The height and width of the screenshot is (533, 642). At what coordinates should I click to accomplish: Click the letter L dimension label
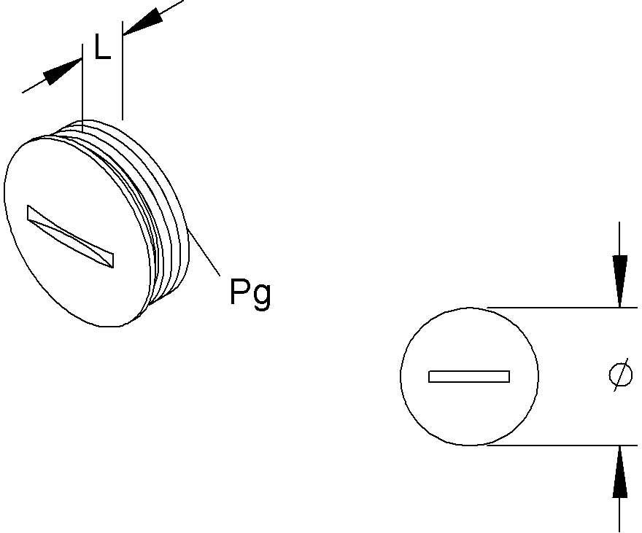tap(102, 47)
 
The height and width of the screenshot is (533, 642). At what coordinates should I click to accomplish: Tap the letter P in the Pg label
tap(239, 291)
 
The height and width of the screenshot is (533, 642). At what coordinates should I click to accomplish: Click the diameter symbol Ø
tap(620, 374)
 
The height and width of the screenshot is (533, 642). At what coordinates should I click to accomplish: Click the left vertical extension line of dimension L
tap(82, 87)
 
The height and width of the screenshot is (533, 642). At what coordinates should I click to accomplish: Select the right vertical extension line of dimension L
tap(122, 71)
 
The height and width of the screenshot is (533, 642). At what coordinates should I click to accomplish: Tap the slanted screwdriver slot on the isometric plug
tap(70, 236)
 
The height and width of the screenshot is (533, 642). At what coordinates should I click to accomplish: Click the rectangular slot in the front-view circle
tap(469, 376)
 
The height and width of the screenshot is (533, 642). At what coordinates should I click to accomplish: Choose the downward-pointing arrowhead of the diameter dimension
tap(620, 281)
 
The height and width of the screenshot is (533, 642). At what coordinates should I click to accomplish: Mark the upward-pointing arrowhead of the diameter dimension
tap(620, 472)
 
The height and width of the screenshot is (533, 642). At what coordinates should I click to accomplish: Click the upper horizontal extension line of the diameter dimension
tap(562, 307)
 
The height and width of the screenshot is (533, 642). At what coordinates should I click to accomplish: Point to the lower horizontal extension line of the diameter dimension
tap(562, 445)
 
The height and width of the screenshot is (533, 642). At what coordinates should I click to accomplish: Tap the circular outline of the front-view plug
tap(401, 376)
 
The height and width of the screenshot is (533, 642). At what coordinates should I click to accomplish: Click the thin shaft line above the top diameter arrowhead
tap(619, 238)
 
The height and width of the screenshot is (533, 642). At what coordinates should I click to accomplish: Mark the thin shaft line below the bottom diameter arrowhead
tap(619, 515)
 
